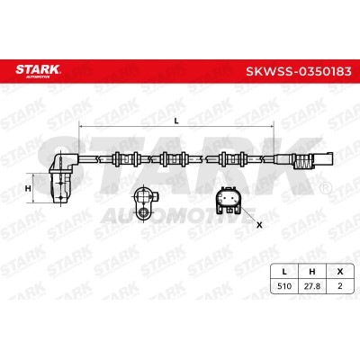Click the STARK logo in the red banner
tap(38, 71)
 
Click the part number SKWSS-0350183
tap(299, 71)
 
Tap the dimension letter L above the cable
tap(176, 121)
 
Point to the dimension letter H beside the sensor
tap(28, 188)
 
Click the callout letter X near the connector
tap(259, 225)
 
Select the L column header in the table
tap(284, 272)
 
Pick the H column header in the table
tap(312, 272)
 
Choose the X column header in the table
tap(339, 272)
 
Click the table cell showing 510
tap(284, 286)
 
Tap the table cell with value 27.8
tap(312, 286)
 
